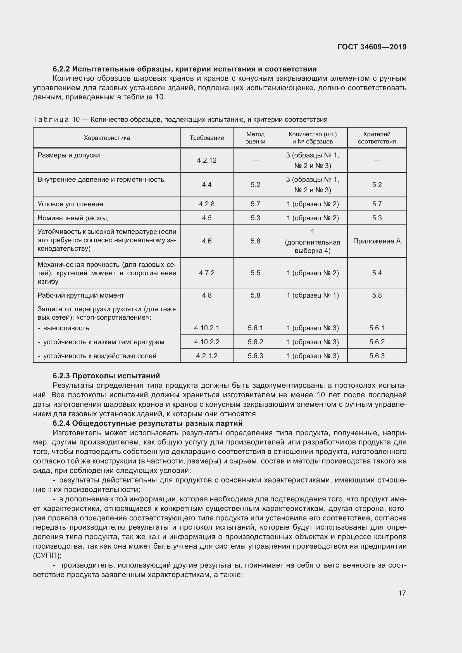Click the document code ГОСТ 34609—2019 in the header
[x=372, y=47]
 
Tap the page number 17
[x=402, y=593]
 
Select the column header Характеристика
[x=107, y=138]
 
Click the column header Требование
[x=207, y=138]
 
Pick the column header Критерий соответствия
[x=377, y=138]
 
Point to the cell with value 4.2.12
[x=207, y=161]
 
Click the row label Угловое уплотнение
[x=70, y=204]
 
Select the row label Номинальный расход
[x=73, y=218]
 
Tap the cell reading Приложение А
[x=377, y=241]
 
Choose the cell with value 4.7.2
[x=207, y=273]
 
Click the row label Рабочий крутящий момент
[x=81, y=295]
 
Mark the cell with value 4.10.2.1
[x=207, y=328]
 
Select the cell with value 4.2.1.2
[x=207, y=356]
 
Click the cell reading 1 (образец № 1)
[x=313, y=295]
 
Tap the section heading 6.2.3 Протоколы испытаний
[x=106, y=376]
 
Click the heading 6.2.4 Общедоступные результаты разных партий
[x=147, y=423]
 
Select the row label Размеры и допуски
[x=68, y=155]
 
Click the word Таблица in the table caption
[x=51, y=119]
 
